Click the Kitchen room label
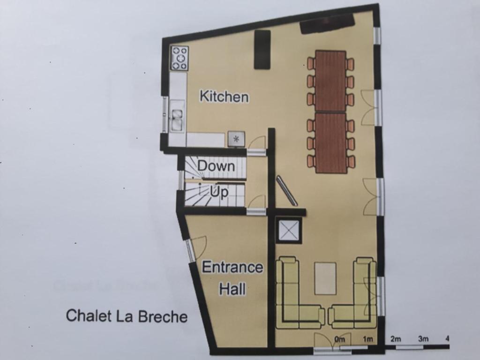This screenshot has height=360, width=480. [224, 96]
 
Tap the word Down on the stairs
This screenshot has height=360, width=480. [217, 166]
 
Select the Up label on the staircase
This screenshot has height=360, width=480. [219, 192]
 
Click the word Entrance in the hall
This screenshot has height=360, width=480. [232, 267]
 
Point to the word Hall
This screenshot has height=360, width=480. [232, 289]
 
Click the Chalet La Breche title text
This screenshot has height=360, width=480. [127, 315]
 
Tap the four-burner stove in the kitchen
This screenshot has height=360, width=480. [180, 59]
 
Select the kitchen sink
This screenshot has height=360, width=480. [177, 119]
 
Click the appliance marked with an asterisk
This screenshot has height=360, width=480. [236, 139]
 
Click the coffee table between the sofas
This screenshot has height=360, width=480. [325, 279]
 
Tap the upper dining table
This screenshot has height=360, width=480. [330, 81]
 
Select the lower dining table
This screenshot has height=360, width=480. [331, 143]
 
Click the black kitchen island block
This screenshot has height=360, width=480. [262, 49]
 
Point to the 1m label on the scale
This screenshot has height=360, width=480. [368, 339]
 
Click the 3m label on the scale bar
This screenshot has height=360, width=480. [424, 339]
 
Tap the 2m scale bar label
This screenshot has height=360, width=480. [396, 339]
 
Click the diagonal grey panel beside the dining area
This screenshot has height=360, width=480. [286, 190]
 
